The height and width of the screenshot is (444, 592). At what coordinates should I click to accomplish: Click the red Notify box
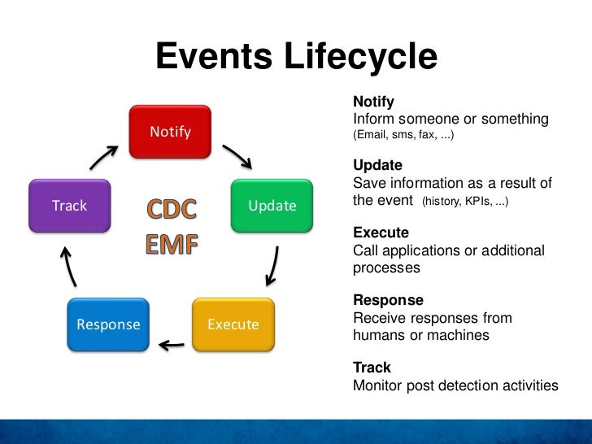coord(170,132)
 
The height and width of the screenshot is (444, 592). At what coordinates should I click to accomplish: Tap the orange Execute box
coord(233,324)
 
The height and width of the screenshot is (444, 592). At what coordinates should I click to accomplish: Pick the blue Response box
coord(108,324)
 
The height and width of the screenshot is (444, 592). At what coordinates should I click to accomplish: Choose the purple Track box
coord(69,206)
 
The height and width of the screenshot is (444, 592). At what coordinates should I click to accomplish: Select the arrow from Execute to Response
coord(172,345)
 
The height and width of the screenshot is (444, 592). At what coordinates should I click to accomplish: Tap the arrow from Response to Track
coord(68,264)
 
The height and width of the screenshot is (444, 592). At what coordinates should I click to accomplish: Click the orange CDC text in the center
coord(171,210)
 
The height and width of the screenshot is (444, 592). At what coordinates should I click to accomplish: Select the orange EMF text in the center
coord(171,244)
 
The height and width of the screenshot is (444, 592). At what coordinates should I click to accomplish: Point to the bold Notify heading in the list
coord(373,102)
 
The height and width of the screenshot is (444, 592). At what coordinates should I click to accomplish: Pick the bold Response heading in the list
coord(388,300)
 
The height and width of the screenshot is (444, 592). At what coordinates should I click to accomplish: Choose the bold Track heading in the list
coord(372,368)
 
